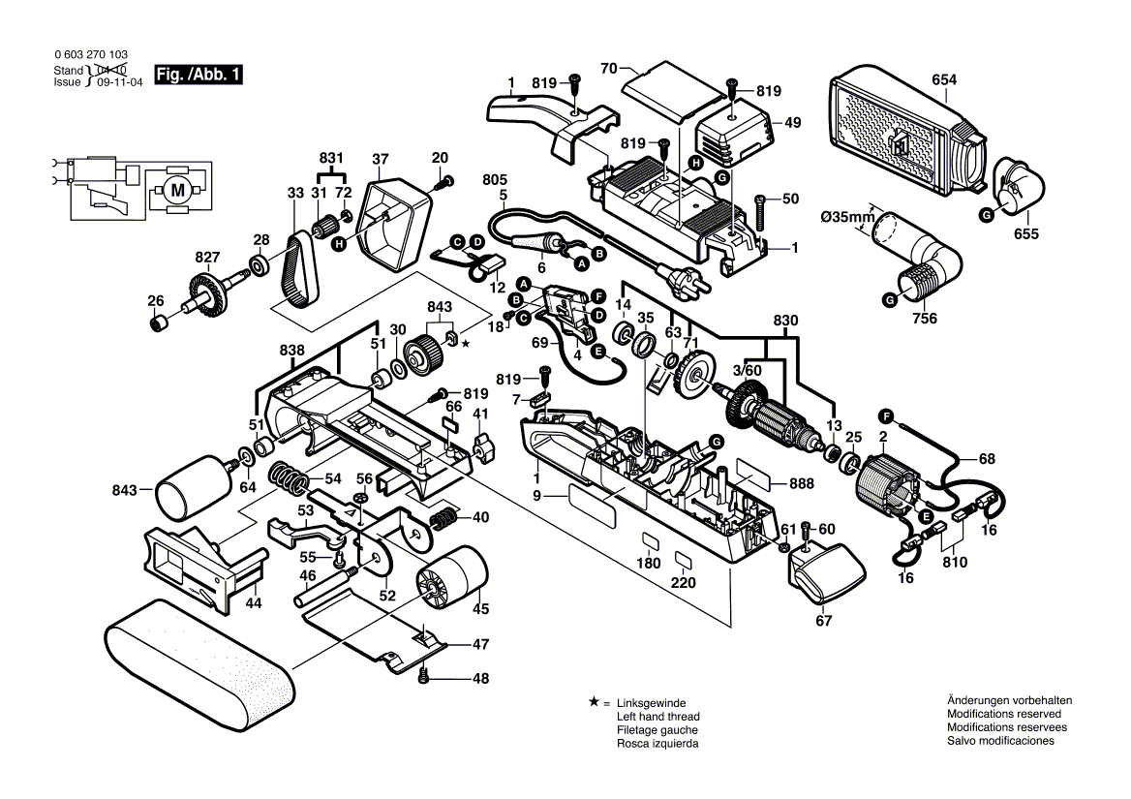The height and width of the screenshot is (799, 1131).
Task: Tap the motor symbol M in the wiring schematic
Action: coord(177,190)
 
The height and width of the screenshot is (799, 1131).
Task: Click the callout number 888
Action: coord(801,483)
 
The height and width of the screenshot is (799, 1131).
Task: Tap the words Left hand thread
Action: coord(657,716)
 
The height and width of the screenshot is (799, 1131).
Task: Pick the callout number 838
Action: coord(291,350)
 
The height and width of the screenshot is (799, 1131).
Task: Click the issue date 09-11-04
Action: coord(116,83)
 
